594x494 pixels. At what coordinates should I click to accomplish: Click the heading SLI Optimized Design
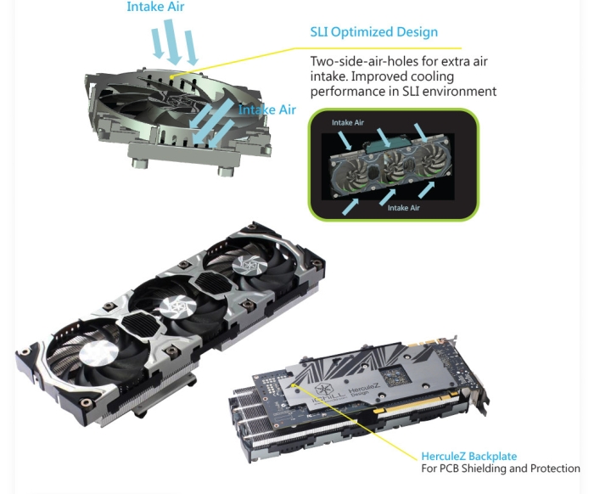(374, 32)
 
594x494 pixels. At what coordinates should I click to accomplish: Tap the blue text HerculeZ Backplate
(469, 456)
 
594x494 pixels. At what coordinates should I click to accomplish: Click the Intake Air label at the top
(155, 7)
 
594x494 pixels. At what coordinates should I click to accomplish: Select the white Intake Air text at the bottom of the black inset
(403, 208)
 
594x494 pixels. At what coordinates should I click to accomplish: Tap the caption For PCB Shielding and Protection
(501, 469)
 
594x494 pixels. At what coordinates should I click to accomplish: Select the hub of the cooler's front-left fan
(99, 352)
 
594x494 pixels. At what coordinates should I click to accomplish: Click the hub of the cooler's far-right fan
(249, 264)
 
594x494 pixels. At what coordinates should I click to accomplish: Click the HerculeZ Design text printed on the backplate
(363, 389)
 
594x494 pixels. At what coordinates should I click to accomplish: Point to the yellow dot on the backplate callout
(293, 385)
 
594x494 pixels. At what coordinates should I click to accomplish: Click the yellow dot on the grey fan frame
(171, 77)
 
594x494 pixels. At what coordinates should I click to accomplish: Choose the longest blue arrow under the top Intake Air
(172, 42)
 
